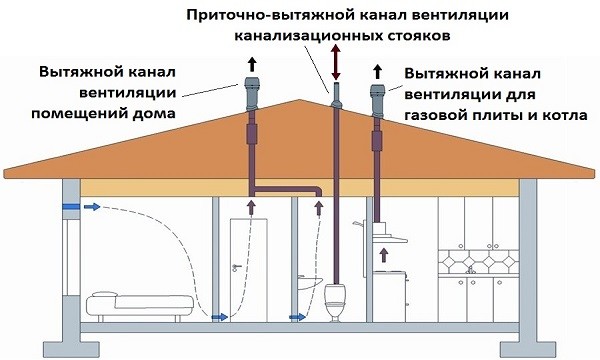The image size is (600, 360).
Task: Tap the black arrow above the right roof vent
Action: pos(377,72)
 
